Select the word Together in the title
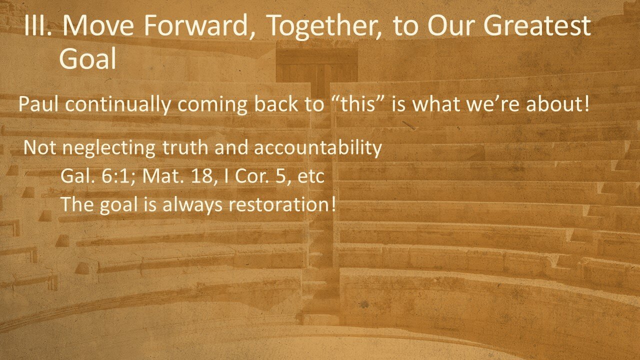[321, 28]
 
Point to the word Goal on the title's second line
[87, 59]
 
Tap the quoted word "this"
[359, 105]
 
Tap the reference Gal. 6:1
[94, 176]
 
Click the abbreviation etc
[312, 177]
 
